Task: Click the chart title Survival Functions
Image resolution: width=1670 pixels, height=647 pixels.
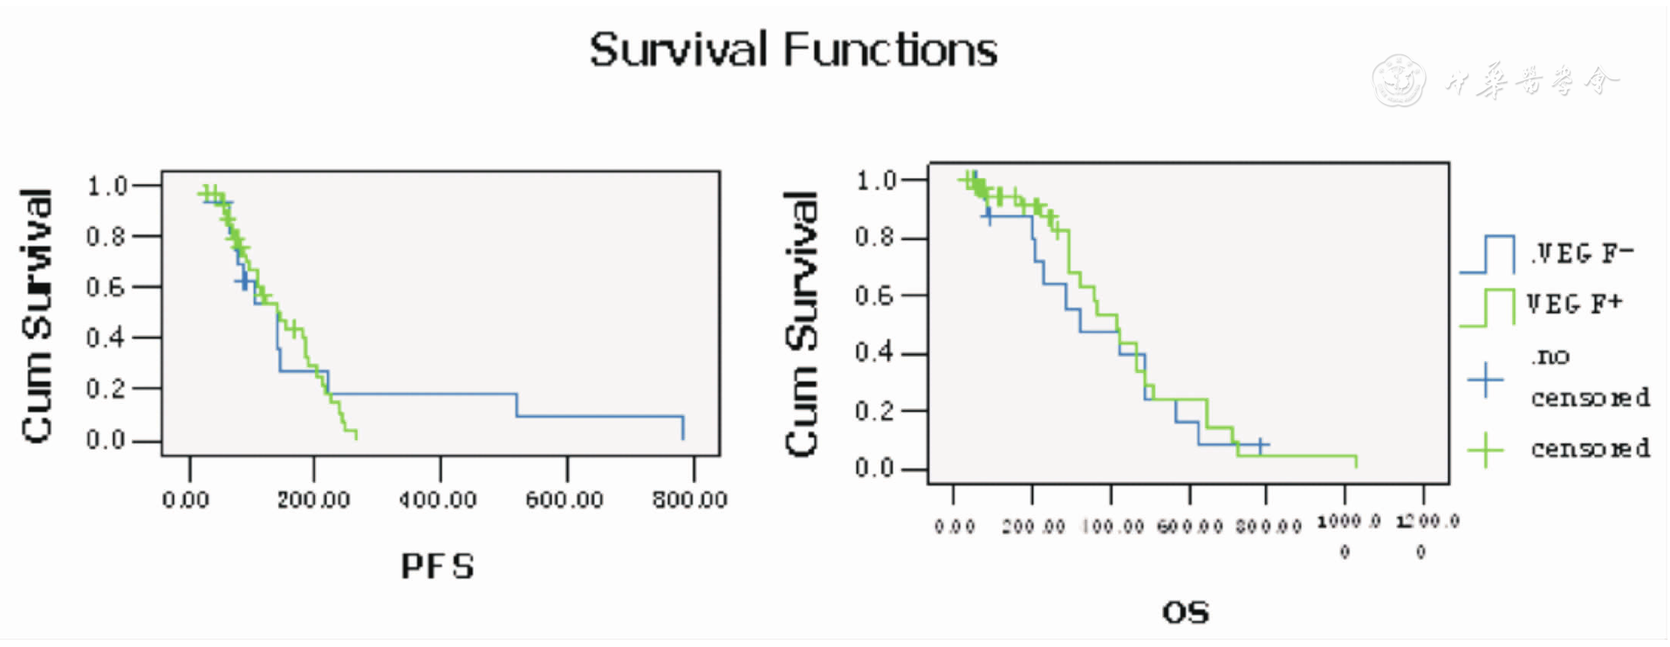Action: [x=792, y=50]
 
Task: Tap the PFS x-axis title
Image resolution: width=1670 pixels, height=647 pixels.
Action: [x=437, y=567]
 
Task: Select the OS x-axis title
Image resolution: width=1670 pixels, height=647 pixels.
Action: [x=1186, y=613]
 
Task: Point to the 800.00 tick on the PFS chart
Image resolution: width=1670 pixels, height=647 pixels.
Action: [x=689, y=500]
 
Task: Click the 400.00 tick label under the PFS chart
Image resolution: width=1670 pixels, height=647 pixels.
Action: [x=437, y=500]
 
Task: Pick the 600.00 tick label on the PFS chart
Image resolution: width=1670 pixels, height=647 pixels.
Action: [x=564, y=500]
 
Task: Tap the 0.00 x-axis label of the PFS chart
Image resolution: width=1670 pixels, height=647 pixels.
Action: [x=186, y=500]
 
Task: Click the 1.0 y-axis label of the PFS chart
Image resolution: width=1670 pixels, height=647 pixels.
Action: [x=106, y=186]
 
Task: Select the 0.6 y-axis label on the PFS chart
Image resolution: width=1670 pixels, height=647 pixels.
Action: [x=106, y=287]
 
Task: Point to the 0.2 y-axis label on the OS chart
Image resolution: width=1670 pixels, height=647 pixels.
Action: [x=875, y=411]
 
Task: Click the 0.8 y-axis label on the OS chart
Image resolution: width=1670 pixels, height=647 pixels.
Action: [x=875, y=237]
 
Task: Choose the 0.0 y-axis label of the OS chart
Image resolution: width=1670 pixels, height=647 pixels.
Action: [x=875, y=469]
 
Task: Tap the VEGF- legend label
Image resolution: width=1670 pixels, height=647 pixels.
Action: [x=1581, y=254]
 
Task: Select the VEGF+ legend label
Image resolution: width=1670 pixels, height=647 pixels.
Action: [x=1575, y=304]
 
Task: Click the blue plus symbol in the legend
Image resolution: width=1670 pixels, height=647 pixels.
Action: [x=1485, y=380]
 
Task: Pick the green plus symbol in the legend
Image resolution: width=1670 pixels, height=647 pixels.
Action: [x=1485, y=450]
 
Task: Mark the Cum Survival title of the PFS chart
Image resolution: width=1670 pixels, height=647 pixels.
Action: [x=38, y=316]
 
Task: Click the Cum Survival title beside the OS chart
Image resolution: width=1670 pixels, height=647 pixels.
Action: [x=802, y=323]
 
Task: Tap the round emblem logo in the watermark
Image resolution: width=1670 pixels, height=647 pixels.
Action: [x=1398, y=81]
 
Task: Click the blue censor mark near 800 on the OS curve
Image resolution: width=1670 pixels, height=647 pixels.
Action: [x=1261, y=446]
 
